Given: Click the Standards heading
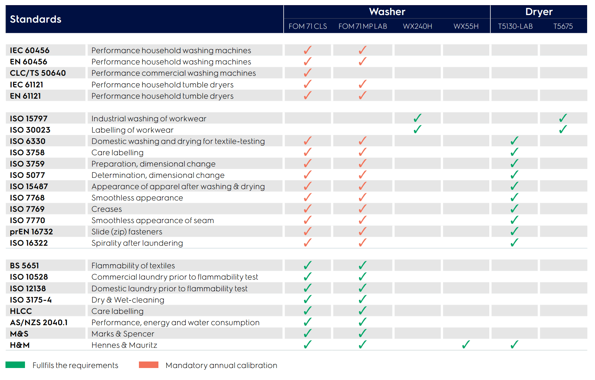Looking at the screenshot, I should [36, 19].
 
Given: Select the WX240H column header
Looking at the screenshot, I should [417, 26].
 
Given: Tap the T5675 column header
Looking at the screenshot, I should [563, 26].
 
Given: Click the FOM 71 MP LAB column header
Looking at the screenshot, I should [362, 26].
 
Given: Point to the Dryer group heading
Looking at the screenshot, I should [539, 12].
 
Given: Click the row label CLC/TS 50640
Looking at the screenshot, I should [38, 73].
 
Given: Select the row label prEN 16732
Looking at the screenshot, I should [31, 232].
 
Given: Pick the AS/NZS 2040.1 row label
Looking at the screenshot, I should [39, 322].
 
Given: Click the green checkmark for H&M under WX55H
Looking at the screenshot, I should [466, 344].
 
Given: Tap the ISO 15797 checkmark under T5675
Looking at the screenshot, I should [563, 118].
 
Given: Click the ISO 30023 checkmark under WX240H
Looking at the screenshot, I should [417, 130].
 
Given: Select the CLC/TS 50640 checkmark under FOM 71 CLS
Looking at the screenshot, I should [308, 73].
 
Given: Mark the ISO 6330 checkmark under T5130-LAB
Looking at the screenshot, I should [514, 141].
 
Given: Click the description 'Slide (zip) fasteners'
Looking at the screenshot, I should [127, 232].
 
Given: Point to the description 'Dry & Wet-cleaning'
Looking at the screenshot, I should [128, 300].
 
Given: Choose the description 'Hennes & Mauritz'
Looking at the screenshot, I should [124, 345].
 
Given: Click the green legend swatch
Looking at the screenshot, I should [15, 365].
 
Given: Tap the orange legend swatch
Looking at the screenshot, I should [148, 365].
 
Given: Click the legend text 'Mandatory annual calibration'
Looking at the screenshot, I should [221, 365].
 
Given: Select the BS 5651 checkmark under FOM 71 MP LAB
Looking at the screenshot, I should [362, 265].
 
